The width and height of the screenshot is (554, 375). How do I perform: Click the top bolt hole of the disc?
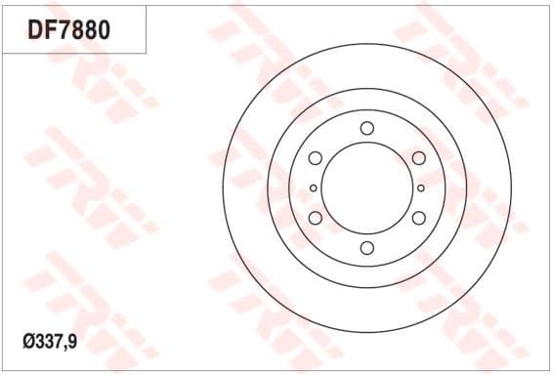[x=366, y=128]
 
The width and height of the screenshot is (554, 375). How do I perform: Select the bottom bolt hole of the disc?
[x=366, y=248]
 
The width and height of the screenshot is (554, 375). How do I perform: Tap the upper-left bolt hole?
[x=315, y=158]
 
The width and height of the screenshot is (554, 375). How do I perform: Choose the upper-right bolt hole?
[x=418, y=158]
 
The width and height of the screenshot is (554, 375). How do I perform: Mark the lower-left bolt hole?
[x=315, y=218]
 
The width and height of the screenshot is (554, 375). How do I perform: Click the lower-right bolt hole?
[x=418, y=218]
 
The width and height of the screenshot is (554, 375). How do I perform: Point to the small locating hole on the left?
[x=313, y=187]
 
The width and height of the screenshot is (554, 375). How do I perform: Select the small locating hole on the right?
[x=420, y=187]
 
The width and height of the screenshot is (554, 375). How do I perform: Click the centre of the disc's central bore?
[x=366, y=187]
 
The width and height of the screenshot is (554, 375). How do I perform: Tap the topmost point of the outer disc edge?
[x=366, y=43]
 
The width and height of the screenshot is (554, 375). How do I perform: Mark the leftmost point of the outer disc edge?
[x=222, y=187]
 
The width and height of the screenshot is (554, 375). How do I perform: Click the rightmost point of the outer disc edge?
[x=511, y=187]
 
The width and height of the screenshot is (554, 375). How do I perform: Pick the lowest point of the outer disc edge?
[x=366, y=332]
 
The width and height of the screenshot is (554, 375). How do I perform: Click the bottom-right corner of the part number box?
[x=147, y=53]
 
